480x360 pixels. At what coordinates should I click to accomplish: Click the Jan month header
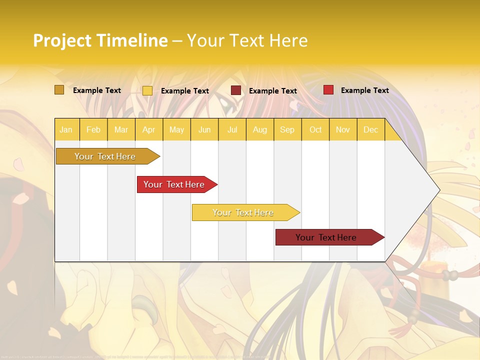pos(66,129)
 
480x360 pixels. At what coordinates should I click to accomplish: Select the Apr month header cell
pos(148,129)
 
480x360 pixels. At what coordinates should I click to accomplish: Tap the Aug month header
pos(259,129)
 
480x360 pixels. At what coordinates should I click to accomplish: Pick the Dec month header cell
pos(370,129)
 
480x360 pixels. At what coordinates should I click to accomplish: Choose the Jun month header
pos(204,129)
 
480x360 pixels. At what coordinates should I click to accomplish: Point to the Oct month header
pos(315,129)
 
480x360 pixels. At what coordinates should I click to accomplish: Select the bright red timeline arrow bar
pos(175,184)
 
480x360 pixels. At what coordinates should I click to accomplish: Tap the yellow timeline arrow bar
pos(243,212)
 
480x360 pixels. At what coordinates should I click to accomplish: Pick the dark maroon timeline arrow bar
pos(327,237)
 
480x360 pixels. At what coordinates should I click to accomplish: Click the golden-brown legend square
pos(59,90)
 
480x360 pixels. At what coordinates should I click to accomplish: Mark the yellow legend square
pos(147,90)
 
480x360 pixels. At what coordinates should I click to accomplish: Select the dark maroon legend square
pos(236,90)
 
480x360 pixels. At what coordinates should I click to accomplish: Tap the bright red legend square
pos(328,90)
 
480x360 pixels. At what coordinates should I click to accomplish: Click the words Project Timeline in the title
pos(100,40)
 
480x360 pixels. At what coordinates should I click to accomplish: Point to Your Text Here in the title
pos(247,40)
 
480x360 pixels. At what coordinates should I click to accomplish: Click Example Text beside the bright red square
pos(364,90)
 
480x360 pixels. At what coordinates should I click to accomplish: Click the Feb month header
pos(93,129)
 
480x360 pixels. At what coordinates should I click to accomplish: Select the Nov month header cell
pos(343,129)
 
